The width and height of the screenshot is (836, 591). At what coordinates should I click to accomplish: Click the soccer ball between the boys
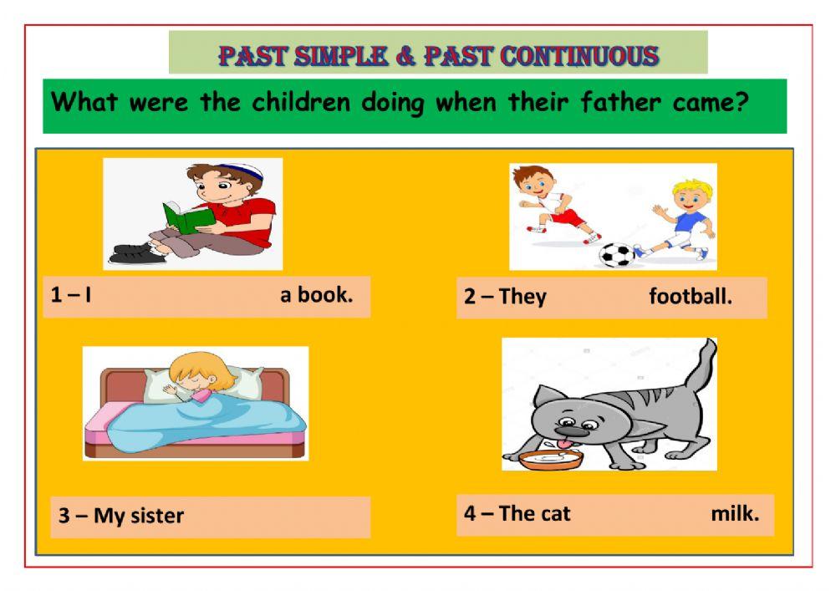point(617,253)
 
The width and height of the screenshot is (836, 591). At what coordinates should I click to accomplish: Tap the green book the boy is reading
point(189,219)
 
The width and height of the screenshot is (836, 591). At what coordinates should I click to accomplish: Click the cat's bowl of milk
point(550,459)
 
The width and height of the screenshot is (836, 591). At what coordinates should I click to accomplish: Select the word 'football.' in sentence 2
point(691,297)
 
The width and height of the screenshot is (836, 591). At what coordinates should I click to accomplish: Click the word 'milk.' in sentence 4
point(735,513)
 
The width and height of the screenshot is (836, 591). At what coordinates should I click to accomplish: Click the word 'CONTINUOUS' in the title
point(579,56)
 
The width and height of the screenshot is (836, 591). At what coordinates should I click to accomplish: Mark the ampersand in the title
point(405,56)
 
